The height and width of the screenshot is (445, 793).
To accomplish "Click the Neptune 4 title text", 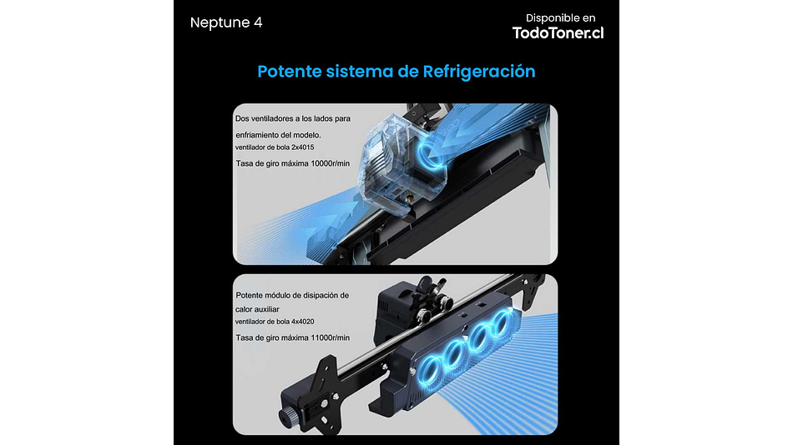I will coord(226,22).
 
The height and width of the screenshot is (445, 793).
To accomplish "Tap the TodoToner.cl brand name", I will coord(558,32).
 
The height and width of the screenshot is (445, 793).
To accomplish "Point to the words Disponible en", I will coord(560,17).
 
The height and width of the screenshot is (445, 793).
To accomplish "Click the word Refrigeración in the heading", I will coord(479,71).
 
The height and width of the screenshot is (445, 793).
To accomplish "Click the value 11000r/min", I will coord(323,337).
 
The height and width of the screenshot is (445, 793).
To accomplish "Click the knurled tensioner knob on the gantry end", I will coord(286,414).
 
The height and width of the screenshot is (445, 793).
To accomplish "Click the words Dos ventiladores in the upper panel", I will coord(264,119).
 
